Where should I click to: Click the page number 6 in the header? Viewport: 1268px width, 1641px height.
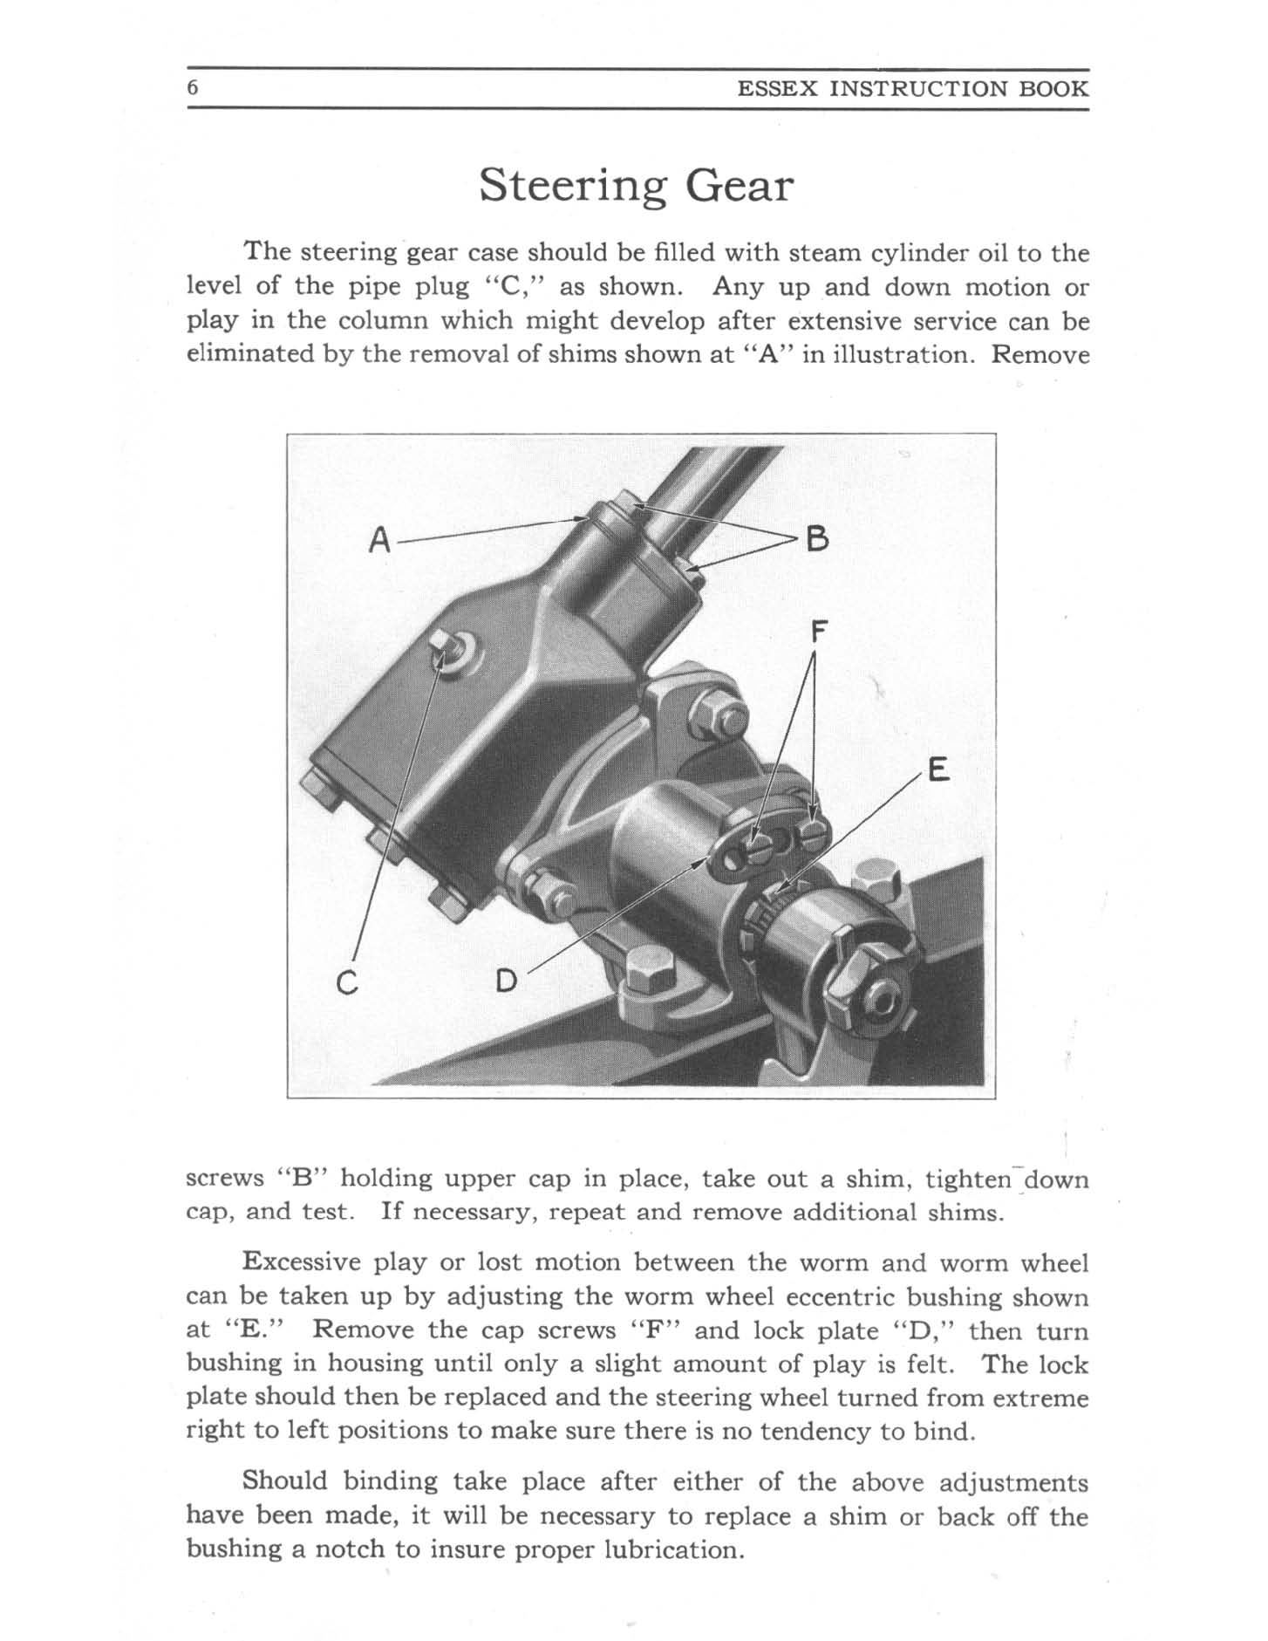tap(194, 88)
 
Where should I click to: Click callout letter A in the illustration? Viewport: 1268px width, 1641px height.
tap(378, 541)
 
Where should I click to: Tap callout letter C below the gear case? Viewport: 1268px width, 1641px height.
tap(347, 983)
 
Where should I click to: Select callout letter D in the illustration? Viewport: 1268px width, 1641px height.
tap(507, 982)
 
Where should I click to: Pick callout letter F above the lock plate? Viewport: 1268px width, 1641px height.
tap(816, 631)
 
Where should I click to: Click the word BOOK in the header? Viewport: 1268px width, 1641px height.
tap(1058, 89)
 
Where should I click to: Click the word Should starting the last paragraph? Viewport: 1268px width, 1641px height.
tap(286, 1481)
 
